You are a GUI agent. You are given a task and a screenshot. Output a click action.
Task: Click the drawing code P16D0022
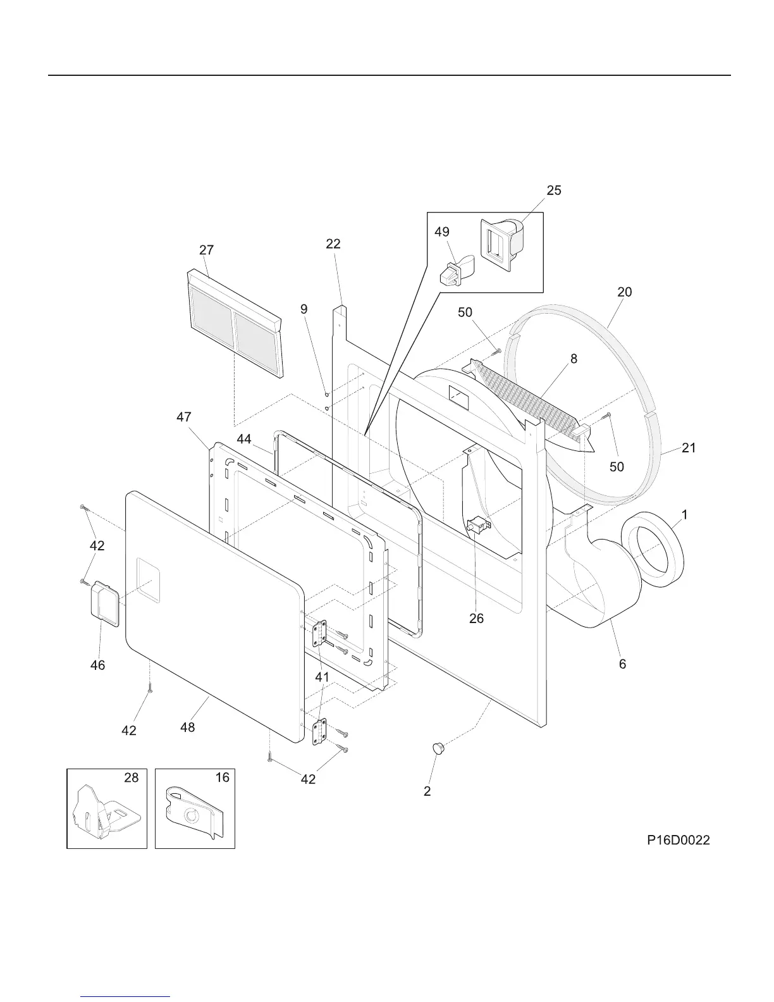(x=678, y=840)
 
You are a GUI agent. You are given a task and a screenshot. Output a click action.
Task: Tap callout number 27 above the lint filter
(x=206, y=250)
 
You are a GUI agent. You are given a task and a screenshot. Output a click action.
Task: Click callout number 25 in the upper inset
(x=554, y=190)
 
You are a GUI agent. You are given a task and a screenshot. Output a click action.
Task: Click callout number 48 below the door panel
(x=187, y=727)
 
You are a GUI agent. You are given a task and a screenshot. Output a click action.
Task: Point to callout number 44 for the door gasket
(x=244, y=439)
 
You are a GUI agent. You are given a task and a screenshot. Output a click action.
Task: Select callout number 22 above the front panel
(x=333, y=244)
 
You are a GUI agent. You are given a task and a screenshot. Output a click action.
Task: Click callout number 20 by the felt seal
(x=624, y=292)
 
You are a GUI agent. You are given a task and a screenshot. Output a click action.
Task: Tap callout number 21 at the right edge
(x=689, y=448)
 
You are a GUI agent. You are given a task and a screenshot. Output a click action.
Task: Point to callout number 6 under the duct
(x=622, y=664)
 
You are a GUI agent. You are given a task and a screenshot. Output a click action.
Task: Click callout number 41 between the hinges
(x=322, y=677)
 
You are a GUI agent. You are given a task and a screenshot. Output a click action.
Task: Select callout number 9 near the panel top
(x=304, y=309)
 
